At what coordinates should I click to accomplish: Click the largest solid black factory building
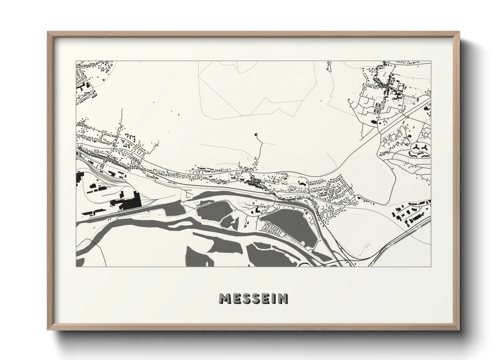point(129,202)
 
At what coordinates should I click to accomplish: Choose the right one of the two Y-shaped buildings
point(425,147)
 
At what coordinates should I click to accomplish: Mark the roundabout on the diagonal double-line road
point(407,116)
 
